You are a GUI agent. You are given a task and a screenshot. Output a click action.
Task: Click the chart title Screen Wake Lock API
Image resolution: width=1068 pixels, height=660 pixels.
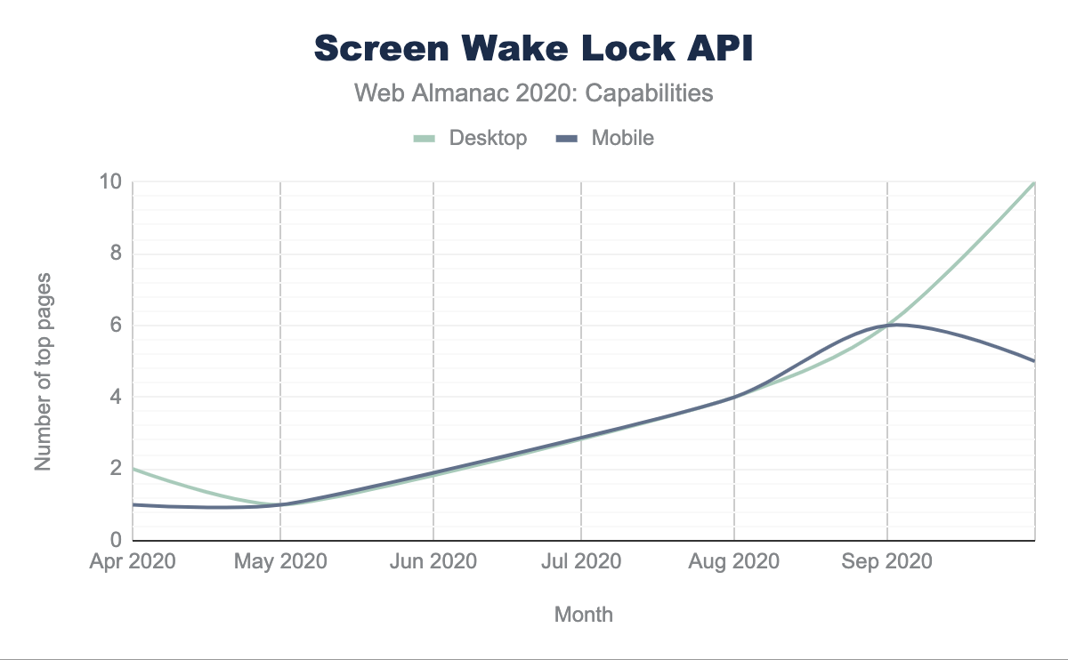[x=534, y=50]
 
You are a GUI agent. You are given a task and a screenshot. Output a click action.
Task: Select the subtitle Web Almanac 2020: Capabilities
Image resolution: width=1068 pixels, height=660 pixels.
[x=534, y=93]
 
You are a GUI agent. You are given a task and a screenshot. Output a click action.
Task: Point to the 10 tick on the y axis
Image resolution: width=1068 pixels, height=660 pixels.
[x=112, y=182]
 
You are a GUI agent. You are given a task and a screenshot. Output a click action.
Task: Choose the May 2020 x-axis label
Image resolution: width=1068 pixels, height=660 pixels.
[x=281, y=562]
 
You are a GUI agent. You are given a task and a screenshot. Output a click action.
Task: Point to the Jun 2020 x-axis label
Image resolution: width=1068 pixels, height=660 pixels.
[x=433, y=562]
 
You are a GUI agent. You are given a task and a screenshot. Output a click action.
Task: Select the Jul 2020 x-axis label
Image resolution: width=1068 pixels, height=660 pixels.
[x=581, y=562]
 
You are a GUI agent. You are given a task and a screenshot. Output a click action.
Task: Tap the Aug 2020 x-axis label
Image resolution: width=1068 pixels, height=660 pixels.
[x=734, y=562]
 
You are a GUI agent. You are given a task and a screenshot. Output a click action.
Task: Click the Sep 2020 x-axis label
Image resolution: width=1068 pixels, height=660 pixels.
[x=887, y=562]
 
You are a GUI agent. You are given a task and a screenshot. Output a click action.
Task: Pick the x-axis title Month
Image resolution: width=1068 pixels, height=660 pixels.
[x=584, y=614]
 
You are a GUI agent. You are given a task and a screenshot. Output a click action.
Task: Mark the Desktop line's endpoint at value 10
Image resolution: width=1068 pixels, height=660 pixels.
[x=1034, y=182]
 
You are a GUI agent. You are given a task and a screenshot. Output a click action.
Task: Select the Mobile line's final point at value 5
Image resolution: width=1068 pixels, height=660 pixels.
[x=1034, y=361]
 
